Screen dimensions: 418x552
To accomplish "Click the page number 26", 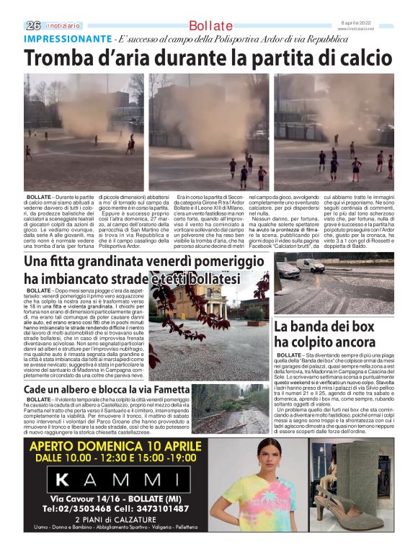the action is tap(32, 25).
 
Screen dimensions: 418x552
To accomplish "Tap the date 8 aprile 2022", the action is tap(377, 24).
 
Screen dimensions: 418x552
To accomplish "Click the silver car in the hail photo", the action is tap(288, 270).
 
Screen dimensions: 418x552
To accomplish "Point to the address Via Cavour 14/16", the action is tap(83, 498).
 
